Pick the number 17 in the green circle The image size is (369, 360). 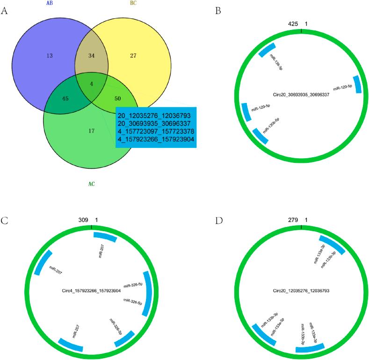pyautogui.click(x=91, y=131)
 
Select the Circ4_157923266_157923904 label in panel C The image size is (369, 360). pyautogui.click(x=92, y=290)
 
